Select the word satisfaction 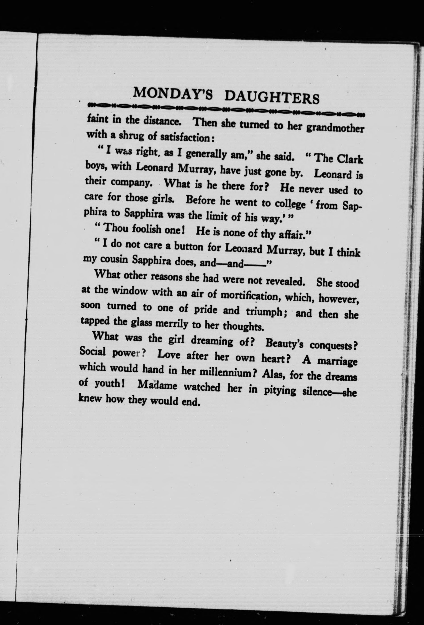(185, 138)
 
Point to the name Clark (350, 159)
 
